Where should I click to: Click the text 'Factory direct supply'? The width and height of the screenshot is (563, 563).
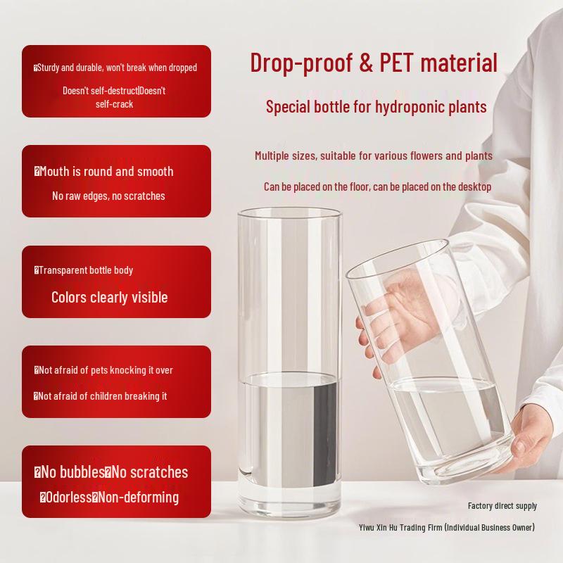(x=502, y=505)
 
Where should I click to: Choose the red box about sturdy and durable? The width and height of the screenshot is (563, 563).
(x=116, y=81)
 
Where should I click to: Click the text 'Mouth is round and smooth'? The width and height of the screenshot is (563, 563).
(x=106, y=171)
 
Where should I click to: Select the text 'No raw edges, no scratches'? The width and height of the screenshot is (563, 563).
(x=108, y=196)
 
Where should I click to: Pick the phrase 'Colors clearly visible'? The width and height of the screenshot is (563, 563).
(x=110, y=297)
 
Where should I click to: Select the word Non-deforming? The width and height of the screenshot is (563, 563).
(x=139, y=498)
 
